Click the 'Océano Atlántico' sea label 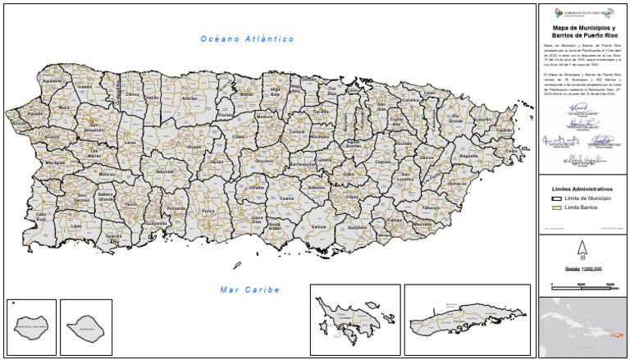(247, 39)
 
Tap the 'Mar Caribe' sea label (250, 289)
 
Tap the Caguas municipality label (382, 162)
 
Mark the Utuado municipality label (194, 147)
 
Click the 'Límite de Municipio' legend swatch (555, 198)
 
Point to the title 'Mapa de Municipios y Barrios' (582, 32)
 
